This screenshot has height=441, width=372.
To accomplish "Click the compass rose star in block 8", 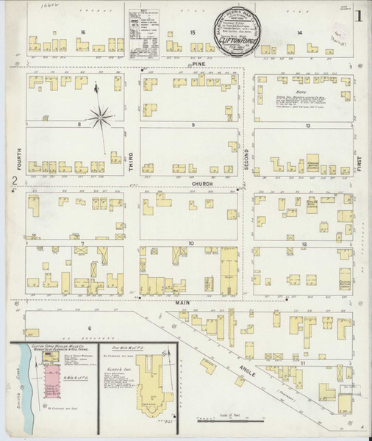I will click(101, 114).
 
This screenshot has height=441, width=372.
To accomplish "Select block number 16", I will click(84, 32).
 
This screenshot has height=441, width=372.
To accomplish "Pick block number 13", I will click(309, 126).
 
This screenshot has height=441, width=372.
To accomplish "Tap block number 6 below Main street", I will click(89, 328).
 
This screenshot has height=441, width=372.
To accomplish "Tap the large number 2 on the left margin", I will click(14, 181).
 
